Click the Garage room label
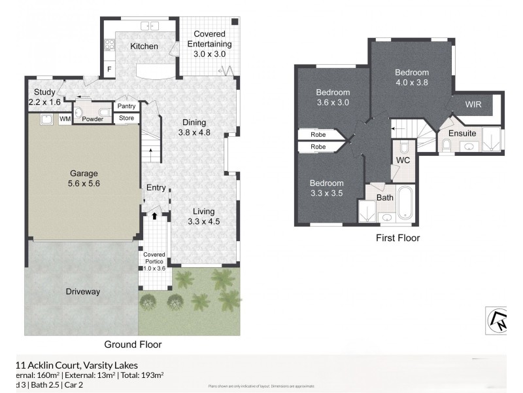pyautogui.click(x=84, y=174)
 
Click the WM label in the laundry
pyautogui.click(x=65, y=119)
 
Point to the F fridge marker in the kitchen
pyautogui.click(x=109, y=68)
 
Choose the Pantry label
pyautogui.click(x=126, y=106)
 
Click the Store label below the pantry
pyautogui.click(x=126, y=119)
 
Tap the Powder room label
pyautogui.click(x=92, y=119)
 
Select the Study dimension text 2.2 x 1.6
pyautogui.click(x=44, y=103)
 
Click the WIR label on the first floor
pyautogui.click(x=474, y=105)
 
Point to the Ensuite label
pyautogui.click(x=462, y=134)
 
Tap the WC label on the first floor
pyautogui.click(x=402, y=160)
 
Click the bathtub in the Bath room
pyautogui.click(x=405, y=204)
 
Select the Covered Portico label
pyautogui.click(x=154, y=258)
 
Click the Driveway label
pyautogui.click(x=82, y=291)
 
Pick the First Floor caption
pyautogui.click(x=397, y=238)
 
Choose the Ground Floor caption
pyautogui.click(x=133, y=344)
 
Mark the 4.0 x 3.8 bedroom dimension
pyautogui.click(x=412, y=83)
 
